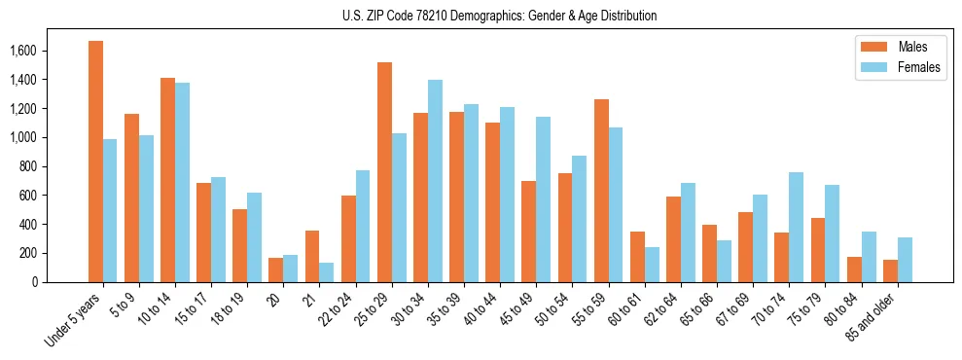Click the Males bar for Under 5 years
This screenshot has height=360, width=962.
pyautogui.click(x=95, y=162)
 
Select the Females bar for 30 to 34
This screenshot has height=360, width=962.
pyautogui.click(x=435, y=181)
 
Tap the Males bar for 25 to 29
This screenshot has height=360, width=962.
pyautogui.click(x=384, y=172)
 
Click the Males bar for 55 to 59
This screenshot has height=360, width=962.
pyautogui.click(x=601, y=191)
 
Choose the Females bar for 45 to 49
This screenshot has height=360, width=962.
pyautogui.click(x=543, y=199)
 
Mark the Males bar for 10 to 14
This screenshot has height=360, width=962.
pyautogui.click(x=167, y=180)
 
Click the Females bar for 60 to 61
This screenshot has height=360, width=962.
pyautogui.click(x=652, y=265)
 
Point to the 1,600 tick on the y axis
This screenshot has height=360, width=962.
pyautogui.click(x=46, y=51)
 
